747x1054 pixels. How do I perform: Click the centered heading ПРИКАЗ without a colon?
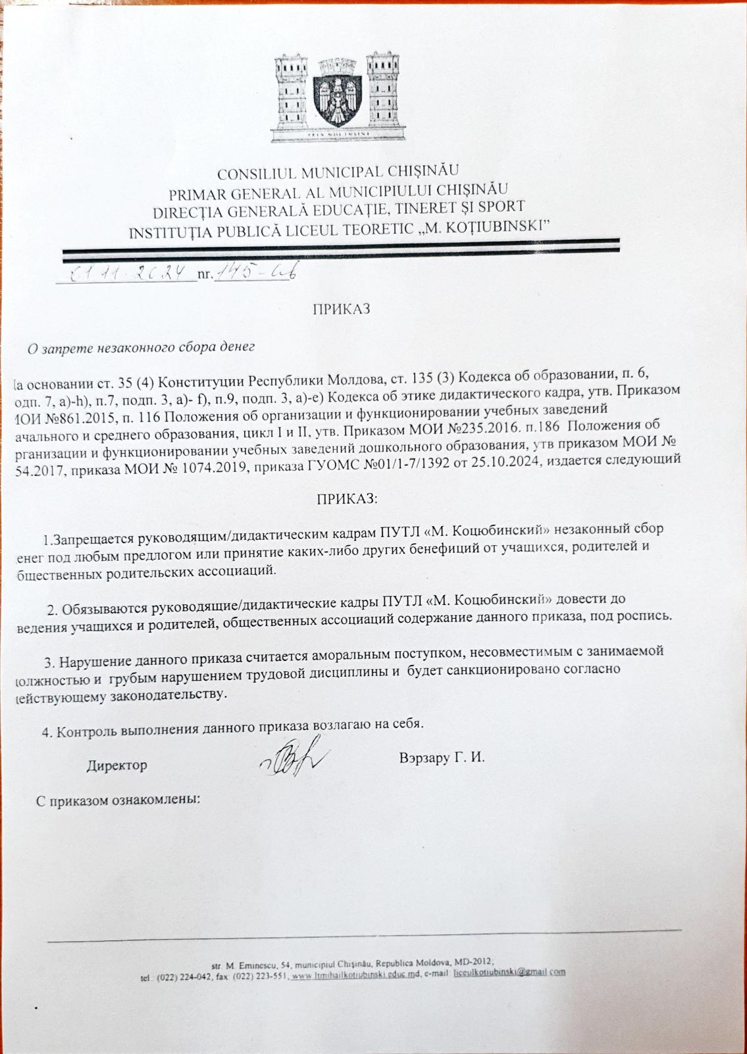(341, 309)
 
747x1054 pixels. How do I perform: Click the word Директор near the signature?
(117, 765)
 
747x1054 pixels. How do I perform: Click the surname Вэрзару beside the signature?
(426, 757)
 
